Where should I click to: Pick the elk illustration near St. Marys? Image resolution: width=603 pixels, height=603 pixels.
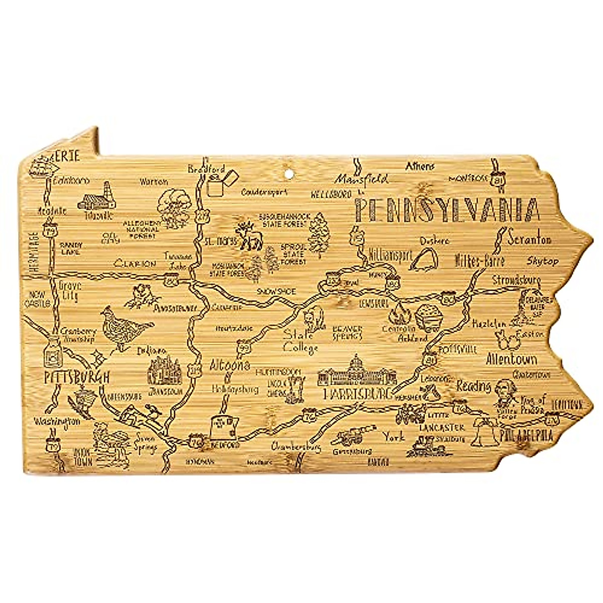click(249, 236)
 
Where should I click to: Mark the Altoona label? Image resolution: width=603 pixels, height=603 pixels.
click(229, 365)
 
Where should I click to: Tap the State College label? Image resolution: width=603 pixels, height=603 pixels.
click(300, 341)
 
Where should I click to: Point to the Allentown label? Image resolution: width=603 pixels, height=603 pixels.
click(511, 359)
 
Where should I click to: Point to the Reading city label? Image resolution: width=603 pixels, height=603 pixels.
click(473, 386)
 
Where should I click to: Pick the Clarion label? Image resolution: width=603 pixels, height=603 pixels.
click(135, 263)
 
